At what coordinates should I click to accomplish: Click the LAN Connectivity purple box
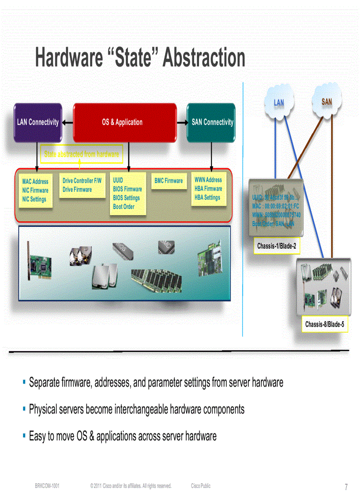pos(37,122)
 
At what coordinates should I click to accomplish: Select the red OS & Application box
pos(122,122)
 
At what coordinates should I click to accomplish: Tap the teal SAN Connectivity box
pos(212,122)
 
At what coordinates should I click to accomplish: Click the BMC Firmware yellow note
pos(169,181)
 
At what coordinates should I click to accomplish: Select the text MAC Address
pos(35,182)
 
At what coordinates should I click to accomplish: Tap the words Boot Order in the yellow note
pos(124,207)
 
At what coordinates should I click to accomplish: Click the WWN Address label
pos(208,180)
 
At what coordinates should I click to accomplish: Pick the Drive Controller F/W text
pos(82,181)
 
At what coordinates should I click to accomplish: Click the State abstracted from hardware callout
pos(82,154)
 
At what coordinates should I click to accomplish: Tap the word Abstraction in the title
pos(204,58)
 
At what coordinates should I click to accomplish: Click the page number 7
pos(346,487)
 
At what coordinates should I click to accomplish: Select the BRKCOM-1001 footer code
pos(47,486)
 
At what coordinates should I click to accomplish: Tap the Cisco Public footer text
pos(201,486)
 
